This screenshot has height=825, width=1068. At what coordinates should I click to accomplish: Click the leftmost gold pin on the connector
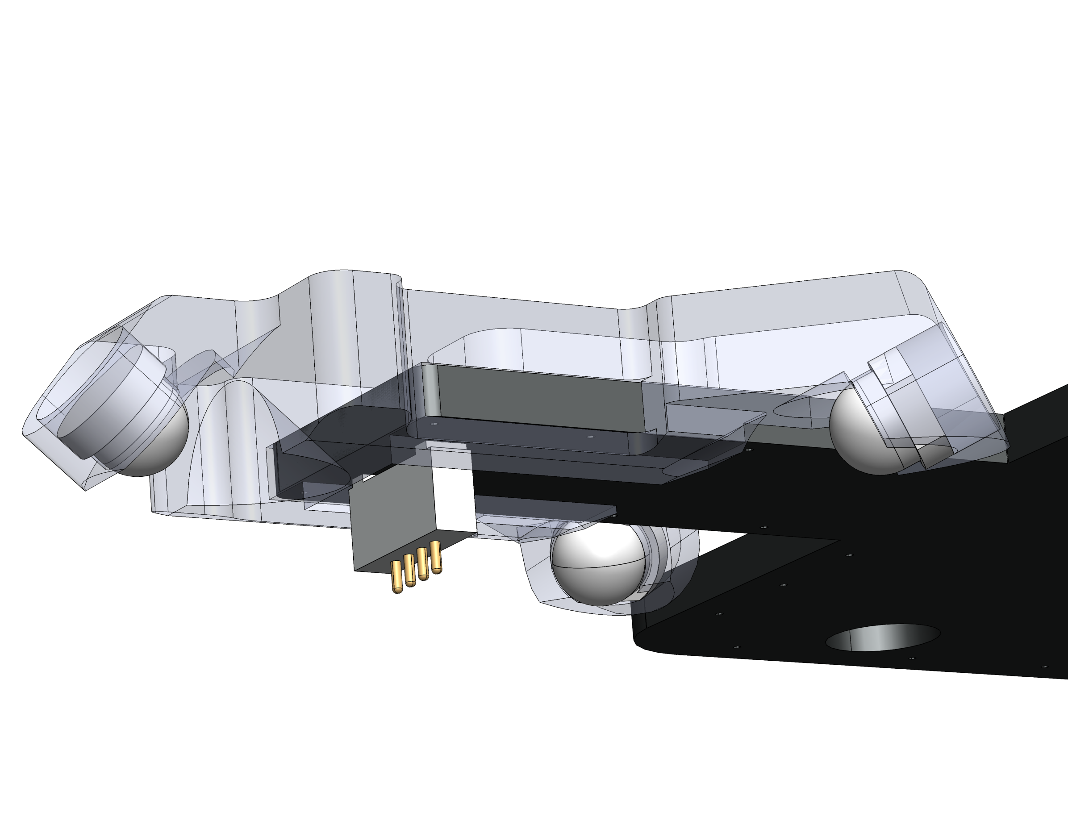pos(397,577)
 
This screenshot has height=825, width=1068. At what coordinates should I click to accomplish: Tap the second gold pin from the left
pos(410,571)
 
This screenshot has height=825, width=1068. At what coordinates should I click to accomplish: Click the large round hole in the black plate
pos(883,637)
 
